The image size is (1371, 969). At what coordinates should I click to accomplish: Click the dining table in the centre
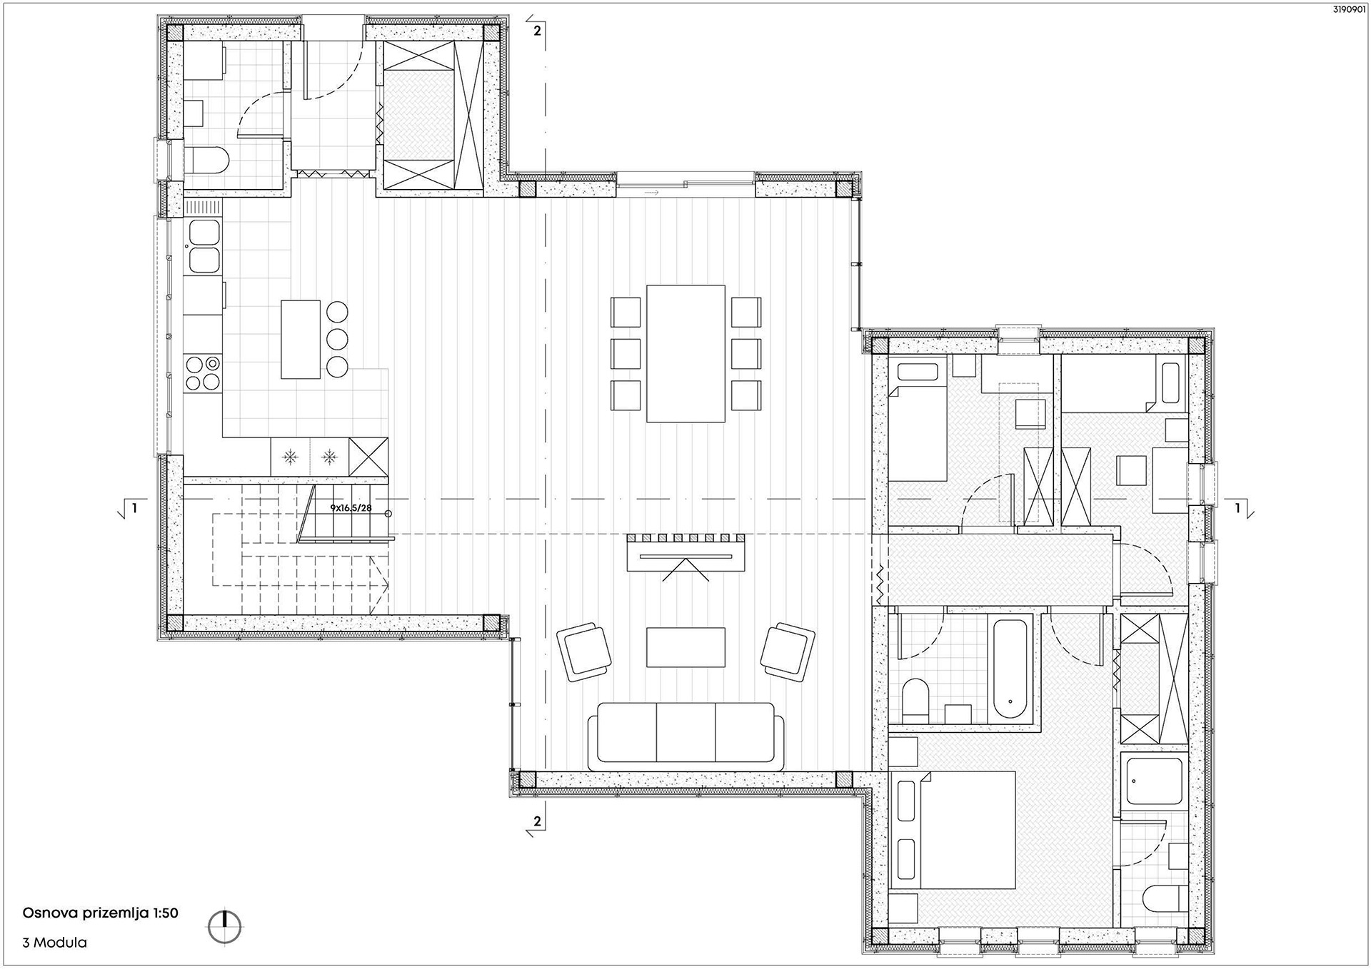point(685,353)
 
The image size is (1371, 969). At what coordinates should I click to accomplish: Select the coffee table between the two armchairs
point(685,646)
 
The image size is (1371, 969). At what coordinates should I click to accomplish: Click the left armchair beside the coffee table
point(583,651)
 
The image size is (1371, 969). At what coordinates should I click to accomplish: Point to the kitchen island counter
point(301,339)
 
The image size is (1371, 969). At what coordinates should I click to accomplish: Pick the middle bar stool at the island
point(338,339)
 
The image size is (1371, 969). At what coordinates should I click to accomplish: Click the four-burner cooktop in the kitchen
point(202,373)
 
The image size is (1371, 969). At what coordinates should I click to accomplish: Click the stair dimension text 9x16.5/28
point(351,508)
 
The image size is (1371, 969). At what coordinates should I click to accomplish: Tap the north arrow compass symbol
point(225,928)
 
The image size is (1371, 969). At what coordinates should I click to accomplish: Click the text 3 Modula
point(55,943)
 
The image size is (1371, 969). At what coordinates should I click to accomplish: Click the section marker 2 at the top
point(537,31)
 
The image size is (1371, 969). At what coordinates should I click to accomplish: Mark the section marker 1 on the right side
point(1239,508)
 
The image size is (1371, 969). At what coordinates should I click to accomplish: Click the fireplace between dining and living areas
point(685,554)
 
